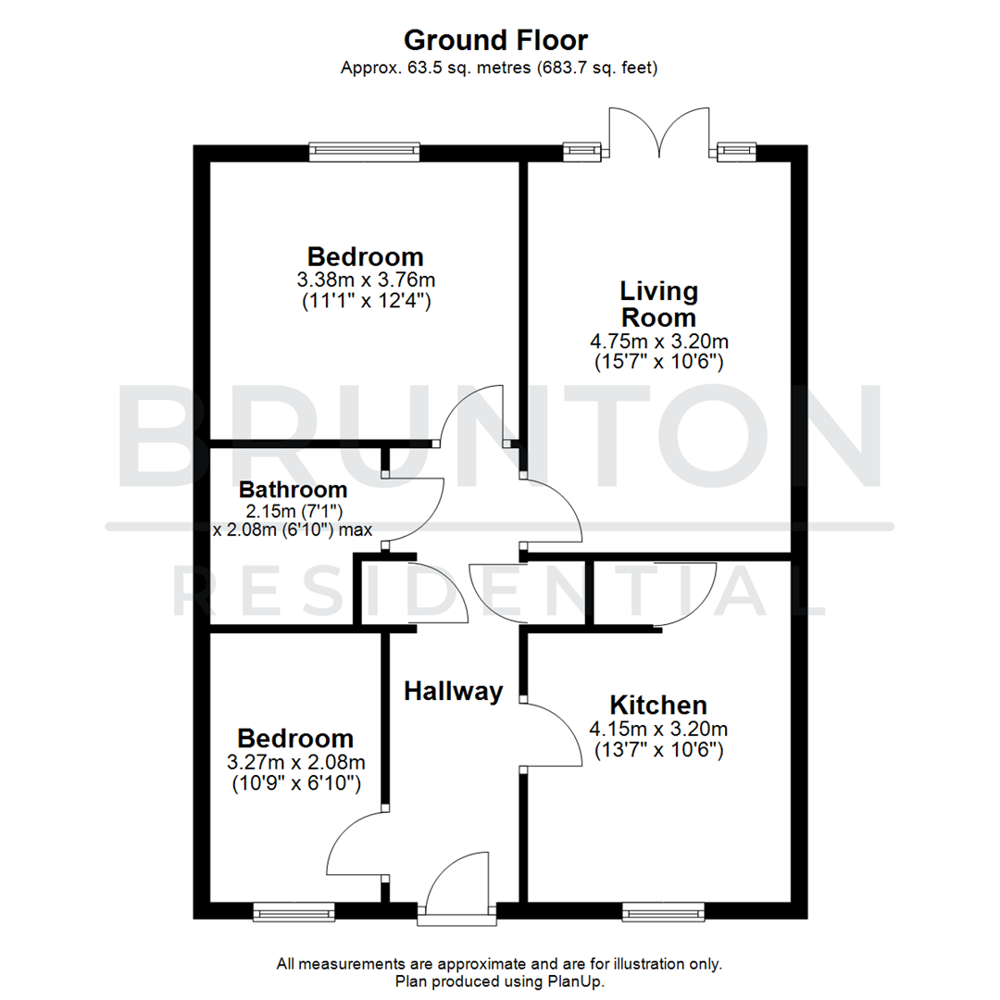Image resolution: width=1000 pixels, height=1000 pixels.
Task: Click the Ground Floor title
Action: click(x=495, y=41)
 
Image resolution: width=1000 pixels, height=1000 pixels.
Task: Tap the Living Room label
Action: click(x=658, y=304)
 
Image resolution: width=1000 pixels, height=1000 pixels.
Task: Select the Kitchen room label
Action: click(x=657, y=704)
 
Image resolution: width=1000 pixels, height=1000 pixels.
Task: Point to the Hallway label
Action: click(x=454, y=690)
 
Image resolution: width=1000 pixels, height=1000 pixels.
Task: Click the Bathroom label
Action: click(x=293, y=489)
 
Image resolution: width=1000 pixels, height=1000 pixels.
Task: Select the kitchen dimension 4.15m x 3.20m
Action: click(x=658, y=727)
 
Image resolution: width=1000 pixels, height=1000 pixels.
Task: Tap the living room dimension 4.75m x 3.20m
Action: click(x=658, y=341)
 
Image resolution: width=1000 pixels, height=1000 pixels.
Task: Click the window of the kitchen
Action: click(x=663, y=912)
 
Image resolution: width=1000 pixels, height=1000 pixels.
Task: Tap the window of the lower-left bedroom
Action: click(x=294, y=912)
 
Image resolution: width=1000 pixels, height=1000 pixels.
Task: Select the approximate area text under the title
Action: click(x=499, y=68)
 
